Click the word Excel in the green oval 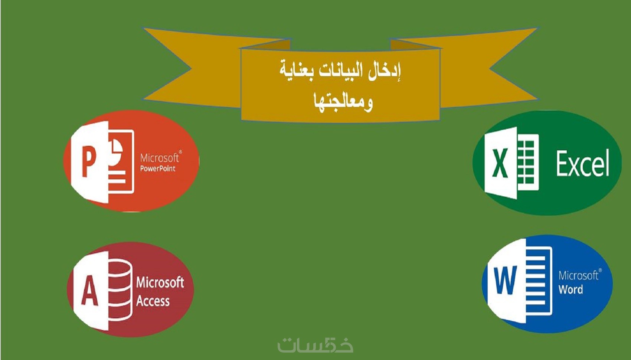(582, 163)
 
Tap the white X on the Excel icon (500, 163)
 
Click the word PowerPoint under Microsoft (158, 169)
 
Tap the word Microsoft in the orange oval (160, 158)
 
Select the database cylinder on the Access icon (120, 289)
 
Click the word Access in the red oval (153, 301)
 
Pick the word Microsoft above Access (160, 282)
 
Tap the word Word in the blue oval (571, 289)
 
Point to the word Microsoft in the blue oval (579, 275)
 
